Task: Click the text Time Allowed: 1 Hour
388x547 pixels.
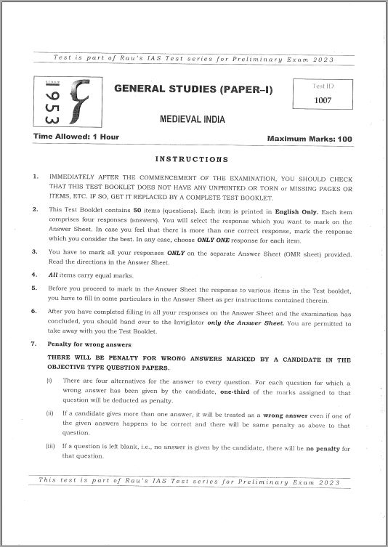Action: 76,137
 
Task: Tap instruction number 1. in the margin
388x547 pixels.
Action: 36,177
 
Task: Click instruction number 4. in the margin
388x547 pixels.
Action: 36,275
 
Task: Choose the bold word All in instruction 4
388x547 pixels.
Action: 53,275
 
